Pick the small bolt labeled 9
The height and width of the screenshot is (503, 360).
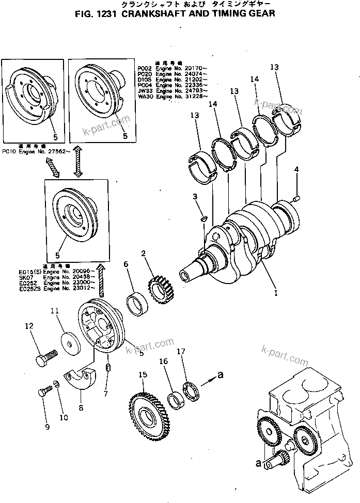[44, 393]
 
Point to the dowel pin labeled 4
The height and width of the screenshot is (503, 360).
[297, 199]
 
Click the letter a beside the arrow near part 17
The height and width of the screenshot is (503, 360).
[221, 375]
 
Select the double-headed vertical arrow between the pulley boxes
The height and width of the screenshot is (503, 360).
[76, 161]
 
